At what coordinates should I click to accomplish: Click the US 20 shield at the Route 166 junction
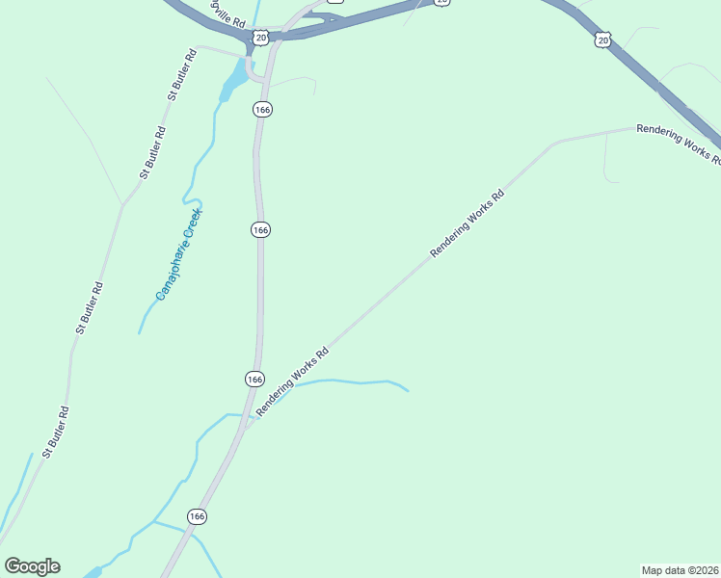(x=261, y=38)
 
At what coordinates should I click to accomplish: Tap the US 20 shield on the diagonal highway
(x=602, y=39)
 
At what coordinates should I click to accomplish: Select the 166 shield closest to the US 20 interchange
(x=262, y=110)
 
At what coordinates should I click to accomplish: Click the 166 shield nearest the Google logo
(x=197, y=516)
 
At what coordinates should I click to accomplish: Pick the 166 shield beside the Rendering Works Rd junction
(x=254, y=380)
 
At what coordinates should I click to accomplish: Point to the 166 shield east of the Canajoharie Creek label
(x=260, y=229)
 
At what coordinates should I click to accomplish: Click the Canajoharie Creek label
(x=177, y=254)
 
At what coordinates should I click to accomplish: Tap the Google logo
(x=32, y=566)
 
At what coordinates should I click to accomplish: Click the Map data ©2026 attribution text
(x=680, y=570)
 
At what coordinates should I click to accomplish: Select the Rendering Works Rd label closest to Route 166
(x=293, y=381)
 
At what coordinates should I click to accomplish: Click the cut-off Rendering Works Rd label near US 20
(x=679, y=145)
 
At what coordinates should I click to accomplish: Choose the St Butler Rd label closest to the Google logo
(x=56, y=432)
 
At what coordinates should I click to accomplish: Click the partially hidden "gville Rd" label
(x=227, y=14)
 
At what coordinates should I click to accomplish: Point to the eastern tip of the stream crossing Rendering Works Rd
(x=409, y=391)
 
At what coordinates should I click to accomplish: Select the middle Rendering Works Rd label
(x=467, y=223)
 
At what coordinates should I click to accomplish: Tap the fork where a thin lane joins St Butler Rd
(x=122, y=204)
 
